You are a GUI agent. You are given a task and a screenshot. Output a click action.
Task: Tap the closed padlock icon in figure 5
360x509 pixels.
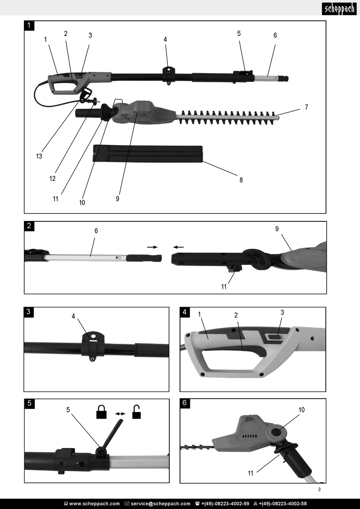[x=101, y=412]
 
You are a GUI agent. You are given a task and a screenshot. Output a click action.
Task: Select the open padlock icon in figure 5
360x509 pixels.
[x=136, y=412]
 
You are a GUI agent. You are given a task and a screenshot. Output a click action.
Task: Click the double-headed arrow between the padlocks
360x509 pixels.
[x=120, y=414]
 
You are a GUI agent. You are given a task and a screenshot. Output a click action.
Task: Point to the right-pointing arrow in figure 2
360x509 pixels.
[x=152, y=247]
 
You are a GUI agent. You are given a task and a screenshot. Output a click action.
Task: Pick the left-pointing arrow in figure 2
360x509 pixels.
[x=178, y=247]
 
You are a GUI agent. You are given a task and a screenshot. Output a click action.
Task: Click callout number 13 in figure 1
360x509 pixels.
[x=39, y=156]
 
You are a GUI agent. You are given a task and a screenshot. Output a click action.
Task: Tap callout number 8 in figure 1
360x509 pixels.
[x=241, y=180]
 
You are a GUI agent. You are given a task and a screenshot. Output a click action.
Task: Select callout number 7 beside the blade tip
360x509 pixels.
[x=306, y=107]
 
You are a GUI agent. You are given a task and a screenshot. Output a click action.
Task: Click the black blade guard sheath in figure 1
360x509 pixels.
[x=148, y=153]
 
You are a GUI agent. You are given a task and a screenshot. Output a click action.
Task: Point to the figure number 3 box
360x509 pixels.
[x=28, y=312]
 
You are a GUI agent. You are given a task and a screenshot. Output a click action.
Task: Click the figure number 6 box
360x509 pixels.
[x=185, y=403]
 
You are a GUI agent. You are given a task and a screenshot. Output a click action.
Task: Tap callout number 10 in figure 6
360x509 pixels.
[x=301, y=410]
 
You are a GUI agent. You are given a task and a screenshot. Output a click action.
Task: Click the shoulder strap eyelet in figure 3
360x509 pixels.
[x=92, y=357]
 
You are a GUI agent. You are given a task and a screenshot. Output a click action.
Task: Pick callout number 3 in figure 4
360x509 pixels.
[x=282, y=312]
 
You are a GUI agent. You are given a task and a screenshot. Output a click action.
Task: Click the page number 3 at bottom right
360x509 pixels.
[x=319, y=489]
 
